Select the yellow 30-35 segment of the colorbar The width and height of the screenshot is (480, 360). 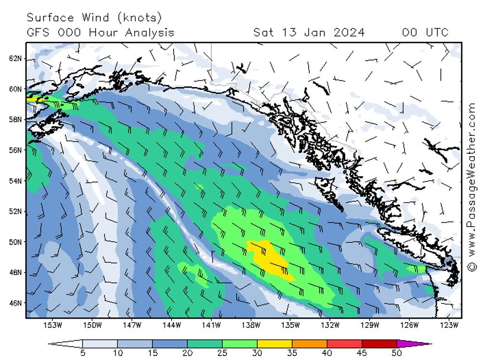[275, 344]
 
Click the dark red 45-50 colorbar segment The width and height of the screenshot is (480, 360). [379, 344]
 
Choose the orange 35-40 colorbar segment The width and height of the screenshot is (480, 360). [309, 344]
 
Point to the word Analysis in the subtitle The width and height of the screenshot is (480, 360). [150, 33]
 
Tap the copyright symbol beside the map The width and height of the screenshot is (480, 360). [471, 266]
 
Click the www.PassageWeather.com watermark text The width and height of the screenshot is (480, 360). [471, 181]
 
